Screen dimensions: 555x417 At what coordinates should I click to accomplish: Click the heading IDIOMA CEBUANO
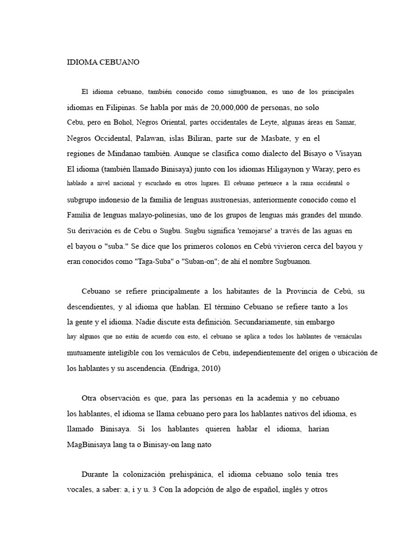point(103,62)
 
